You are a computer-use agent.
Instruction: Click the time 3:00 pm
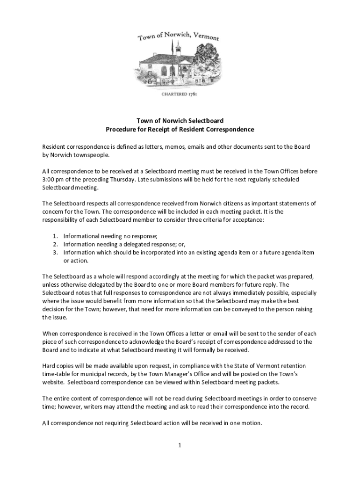pos(53,180)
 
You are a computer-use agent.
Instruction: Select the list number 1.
pos(55,236)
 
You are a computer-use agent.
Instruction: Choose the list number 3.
pos(55,253)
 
